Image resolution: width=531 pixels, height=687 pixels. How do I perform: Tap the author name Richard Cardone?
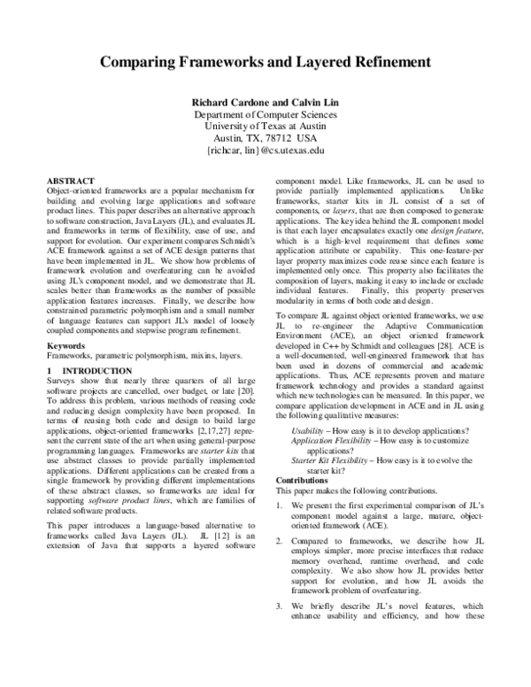coord(227,103)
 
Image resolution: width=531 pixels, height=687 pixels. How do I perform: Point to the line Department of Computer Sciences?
coord(265,115)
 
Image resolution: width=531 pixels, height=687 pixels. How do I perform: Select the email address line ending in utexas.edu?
coord(265,151)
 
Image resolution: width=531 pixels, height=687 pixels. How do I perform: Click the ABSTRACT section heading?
coord(70,179)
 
